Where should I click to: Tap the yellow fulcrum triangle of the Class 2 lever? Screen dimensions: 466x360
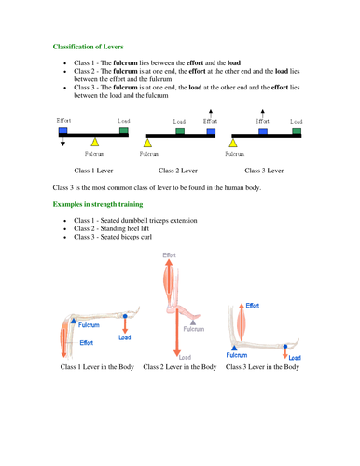[147, 141]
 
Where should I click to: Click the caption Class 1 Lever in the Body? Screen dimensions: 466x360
[97, 367]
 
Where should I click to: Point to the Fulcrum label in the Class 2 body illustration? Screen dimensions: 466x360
[194, 328]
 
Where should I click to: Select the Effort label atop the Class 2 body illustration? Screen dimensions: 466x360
[171, 255]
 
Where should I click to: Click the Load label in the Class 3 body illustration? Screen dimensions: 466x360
[294, 357]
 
